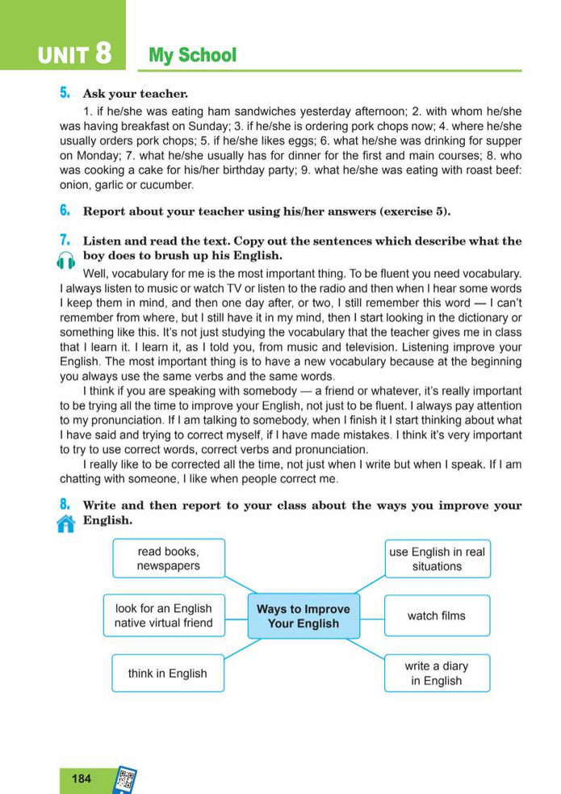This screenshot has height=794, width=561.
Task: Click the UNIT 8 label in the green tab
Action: tap(73, 55)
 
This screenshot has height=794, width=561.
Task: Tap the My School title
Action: tap(193, 55)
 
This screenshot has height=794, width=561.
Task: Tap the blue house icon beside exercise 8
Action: tap(66, 523)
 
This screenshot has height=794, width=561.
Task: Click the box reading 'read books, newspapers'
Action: tap(169, 559)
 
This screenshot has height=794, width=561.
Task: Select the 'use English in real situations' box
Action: tap(437, 559)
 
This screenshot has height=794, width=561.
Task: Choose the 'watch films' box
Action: tap(437, 615)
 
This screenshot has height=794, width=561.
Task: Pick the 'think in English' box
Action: tap(168, 674)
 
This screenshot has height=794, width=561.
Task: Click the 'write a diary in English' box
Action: tap(437, 674)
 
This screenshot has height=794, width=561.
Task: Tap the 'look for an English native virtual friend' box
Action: tap(164, 615)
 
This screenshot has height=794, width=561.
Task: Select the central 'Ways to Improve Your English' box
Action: tap(304, 616)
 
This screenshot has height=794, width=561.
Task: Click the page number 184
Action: tap(82, 779)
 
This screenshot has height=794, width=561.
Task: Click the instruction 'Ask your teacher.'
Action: tap(136, 94)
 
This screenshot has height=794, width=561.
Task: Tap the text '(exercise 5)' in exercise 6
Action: tap(414, 212)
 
